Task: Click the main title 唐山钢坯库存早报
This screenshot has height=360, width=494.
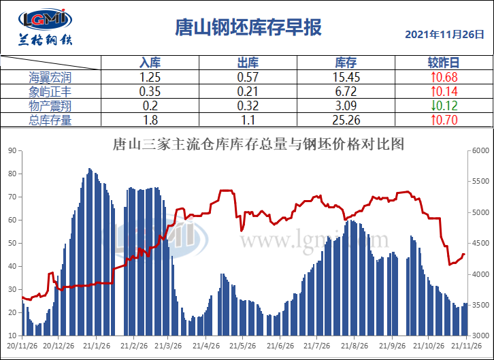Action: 248,27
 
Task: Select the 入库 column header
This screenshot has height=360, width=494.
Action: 150,63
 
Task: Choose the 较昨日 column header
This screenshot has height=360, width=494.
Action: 443,63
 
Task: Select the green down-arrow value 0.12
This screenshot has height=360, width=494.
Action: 443,105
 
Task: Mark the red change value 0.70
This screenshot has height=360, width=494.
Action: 443,120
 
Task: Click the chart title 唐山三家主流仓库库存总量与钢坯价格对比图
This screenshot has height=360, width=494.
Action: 258,144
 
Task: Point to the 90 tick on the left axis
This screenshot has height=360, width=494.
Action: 12,150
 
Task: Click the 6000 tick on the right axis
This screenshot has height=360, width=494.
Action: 480,150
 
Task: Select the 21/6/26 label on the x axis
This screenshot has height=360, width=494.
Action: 280,345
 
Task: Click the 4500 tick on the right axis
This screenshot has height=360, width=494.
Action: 480,244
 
